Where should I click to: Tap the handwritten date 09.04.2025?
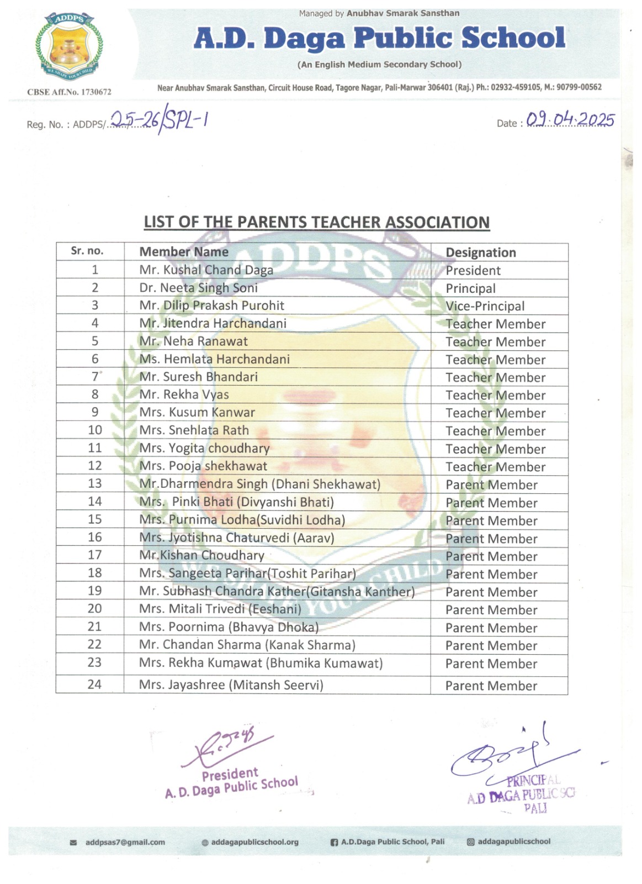(570, 120)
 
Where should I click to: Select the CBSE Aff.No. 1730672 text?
(69, 92)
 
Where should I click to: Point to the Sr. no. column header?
(87, 251)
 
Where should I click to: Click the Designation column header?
(480, 252)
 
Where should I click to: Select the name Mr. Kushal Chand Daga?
(206, 270)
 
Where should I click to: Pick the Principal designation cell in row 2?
(470, 288)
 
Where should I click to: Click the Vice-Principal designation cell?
(485, 306)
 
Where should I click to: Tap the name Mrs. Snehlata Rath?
(194, 430)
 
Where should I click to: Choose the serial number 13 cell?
(95, 483)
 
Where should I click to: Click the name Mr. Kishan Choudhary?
(201, 555)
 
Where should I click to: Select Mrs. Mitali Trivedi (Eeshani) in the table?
(220, 609)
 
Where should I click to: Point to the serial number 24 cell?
(94, 685)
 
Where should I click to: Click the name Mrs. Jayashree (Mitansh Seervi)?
(231, 685)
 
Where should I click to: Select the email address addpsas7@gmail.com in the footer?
(125, 843)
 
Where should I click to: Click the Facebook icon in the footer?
(334, 843)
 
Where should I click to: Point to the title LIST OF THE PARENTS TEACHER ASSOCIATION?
(316, 222)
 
